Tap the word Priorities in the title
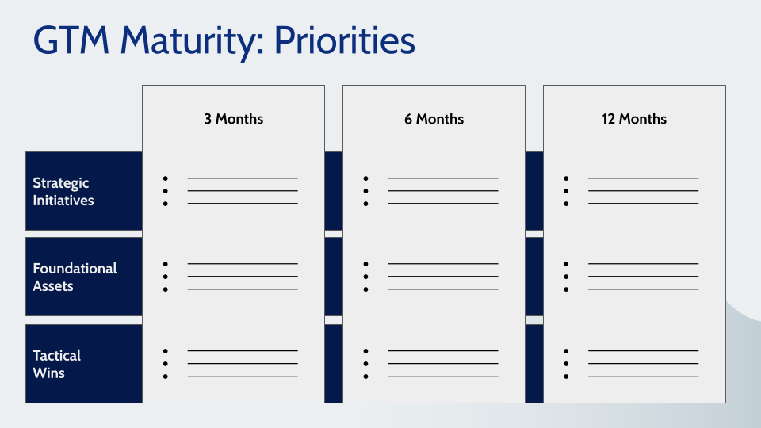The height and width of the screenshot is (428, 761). (x=344, y=40)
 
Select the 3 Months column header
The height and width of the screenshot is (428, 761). (x=233, y=119)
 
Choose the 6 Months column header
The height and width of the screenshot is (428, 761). (x=434, y=119)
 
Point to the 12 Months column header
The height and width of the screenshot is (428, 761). (x=634, y=119)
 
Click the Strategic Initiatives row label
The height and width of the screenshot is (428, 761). (x=63, y=192)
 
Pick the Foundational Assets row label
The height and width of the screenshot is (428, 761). (x=75, y=277)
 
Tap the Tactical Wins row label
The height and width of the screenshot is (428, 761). (x=57, y=364)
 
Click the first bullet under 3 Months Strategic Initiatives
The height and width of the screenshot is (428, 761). (x=166, y=178)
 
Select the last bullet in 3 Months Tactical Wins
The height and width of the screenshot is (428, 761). (x=166, y=376)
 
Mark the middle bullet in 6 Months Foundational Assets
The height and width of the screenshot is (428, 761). (x=365, y=277)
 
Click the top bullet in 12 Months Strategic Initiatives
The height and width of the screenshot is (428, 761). (x=566, y=178)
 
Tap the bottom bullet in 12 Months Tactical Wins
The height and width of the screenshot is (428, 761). (x=566, y=376)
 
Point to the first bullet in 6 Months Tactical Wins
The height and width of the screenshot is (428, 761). (x=365, y=350)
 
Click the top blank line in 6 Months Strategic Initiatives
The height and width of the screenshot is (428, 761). (x=442, y=178)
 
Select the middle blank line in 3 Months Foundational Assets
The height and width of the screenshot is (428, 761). (x=243, y=277)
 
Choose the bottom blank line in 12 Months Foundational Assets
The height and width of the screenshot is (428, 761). (x=643, y=289)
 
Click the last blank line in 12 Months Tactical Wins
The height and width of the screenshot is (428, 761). (x=643, y=376)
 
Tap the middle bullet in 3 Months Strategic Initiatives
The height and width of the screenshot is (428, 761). (x=166, y=191)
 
